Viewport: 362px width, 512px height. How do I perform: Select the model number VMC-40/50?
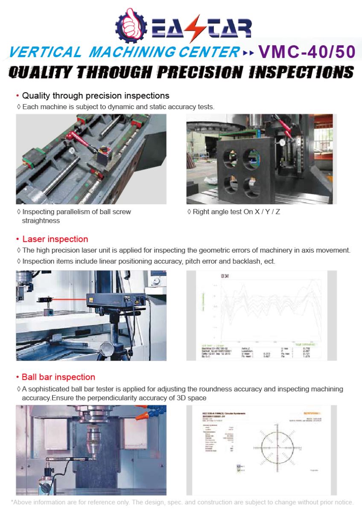(307, 52)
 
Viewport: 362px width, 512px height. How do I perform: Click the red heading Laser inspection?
(55, 239)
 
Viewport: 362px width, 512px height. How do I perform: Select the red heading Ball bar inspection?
(58, 377)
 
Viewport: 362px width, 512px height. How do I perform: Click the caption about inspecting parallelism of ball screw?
(76, 216)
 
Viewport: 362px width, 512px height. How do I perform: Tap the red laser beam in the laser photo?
(68, 300)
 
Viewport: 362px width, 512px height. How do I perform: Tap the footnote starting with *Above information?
(182, 502)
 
